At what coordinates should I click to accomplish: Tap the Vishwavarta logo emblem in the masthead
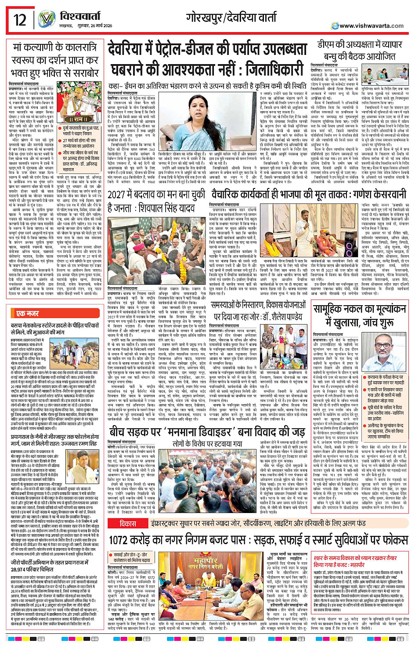click(46, 19)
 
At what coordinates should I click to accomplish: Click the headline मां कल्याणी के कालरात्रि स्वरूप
click(55, 59)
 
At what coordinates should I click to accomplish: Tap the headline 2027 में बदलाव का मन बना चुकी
click(156, 200)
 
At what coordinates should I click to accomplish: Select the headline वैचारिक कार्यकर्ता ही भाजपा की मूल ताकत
click(309, 193)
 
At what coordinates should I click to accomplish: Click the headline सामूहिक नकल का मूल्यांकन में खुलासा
click(360, 315)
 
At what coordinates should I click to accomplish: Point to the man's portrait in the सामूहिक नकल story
click(387, 349)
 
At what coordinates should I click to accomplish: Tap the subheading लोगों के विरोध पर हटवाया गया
click(207, 444)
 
